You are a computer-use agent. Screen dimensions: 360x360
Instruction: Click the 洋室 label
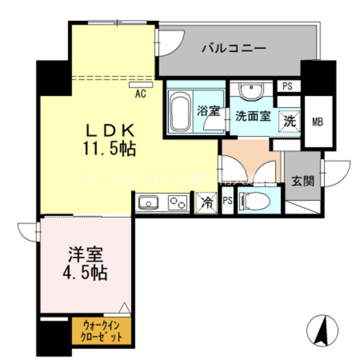(85, 254)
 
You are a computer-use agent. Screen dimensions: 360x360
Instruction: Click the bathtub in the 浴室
(180, 110)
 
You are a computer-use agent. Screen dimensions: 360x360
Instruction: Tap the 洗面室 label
(253, 116)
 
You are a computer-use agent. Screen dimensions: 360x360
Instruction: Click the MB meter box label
(318, 121)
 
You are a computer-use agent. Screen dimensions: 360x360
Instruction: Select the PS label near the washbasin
(287, 87)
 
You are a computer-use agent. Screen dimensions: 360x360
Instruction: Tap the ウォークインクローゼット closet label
(102, 331)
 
